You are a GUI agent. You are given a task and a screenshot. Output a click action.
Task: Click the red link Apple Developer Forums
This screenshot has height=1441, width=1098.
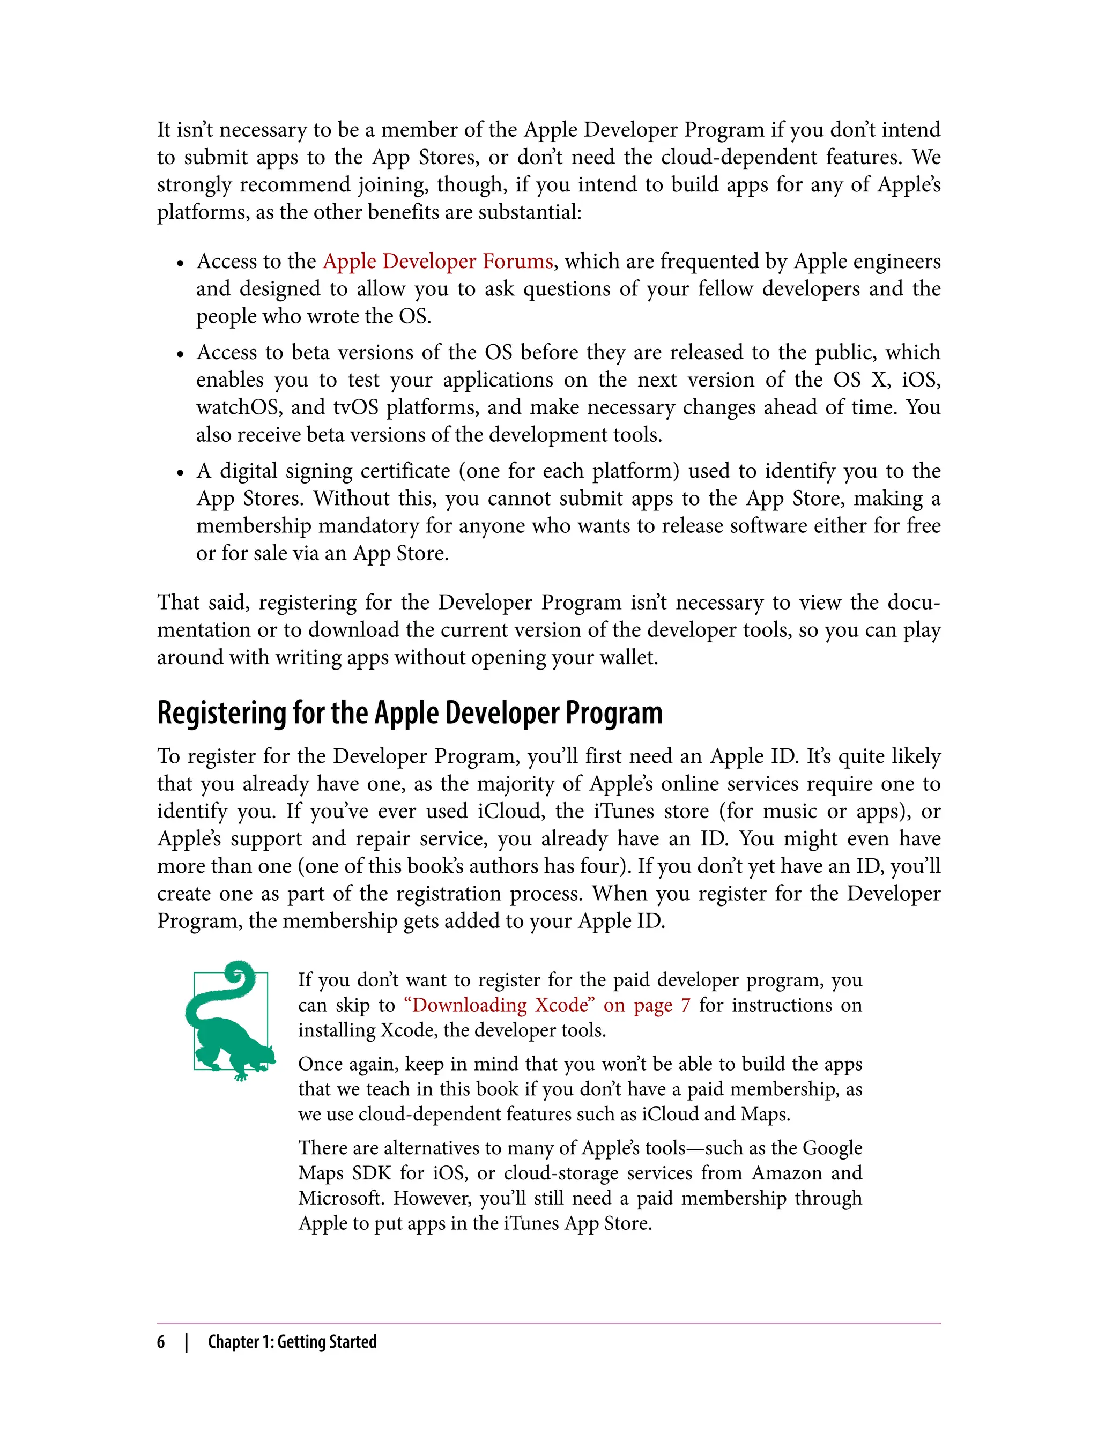click(x=438, y=262)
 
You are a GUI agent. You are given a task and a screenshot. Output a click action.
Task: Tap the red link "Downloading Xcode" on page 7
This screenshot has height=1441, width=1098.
click(x=547, y=1005)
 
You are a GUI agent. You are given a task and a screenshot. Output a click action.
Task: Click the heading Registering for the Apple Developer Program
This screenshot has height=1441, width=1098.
click(x=410, y=712)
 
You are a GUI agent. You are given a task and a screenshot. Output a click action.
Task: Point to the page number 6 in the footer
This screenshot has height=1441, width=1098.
click(x=161, y=1342)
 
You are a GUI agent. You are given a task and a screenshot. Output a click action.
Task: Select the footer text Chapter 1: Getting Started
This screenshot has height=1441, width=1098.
click(x=292, y=1342)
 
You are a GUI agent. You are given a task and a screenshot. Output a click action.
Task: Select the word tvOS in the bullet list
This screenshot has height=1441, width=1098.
click(x=355, y=407)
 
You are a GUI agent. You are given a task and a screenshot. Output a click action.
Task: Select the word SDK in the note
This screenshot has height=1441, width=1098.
click(x=372, y=1173)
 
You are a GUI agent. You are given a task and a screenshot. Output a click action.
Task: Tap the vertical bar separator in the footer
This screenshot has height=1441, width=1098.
click(x=187, y=1342)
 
